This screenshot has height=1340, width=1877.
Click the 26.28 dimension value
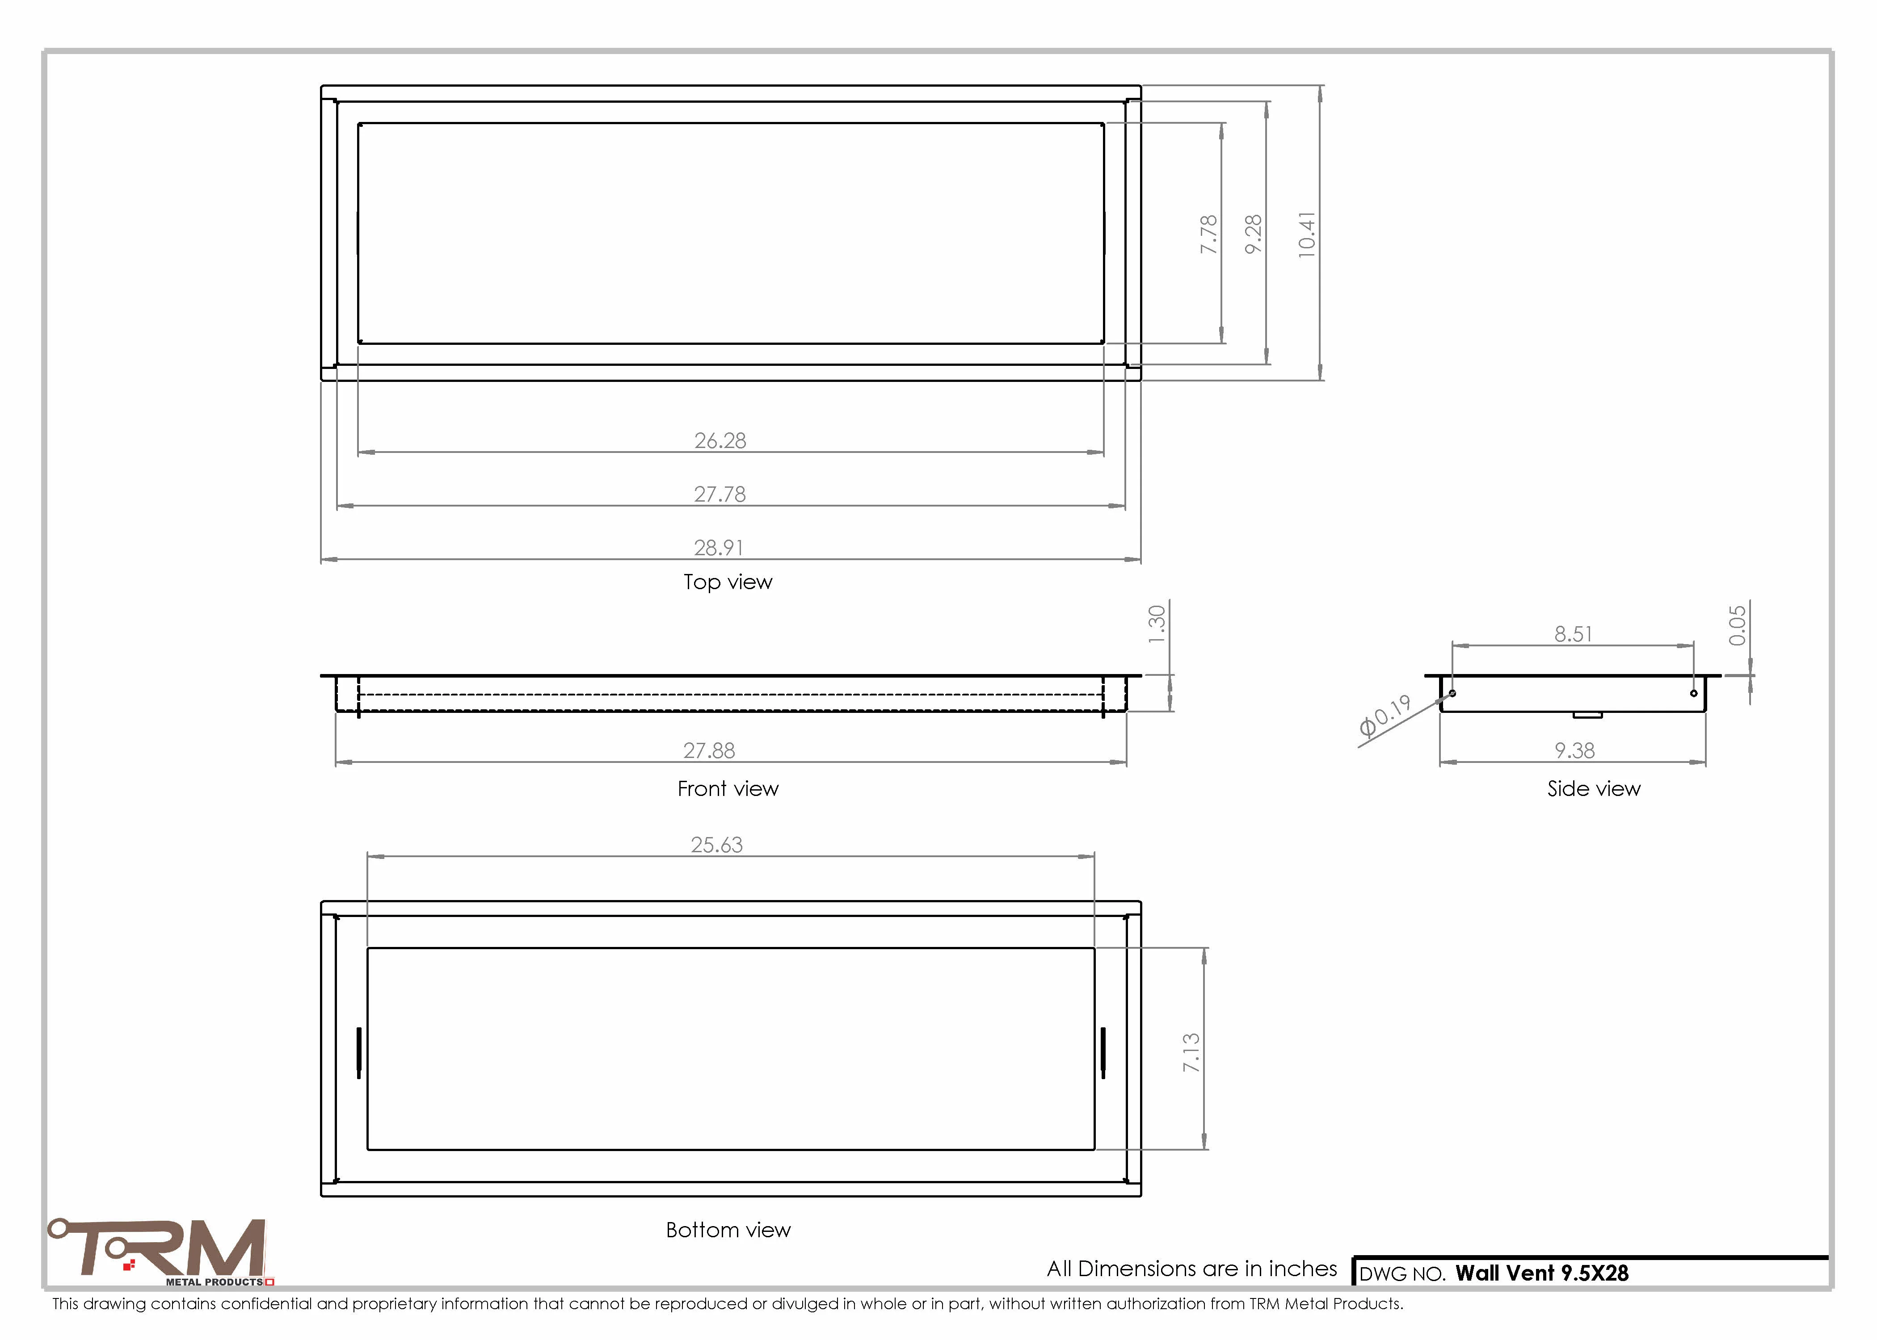[720, 440]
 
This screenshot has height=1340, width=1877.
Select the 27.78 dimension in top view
[720, 494]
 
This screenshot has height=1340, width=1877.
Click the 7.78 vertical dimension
[1208, 234]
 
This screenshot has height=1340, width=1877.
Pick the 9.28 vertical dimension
[1253, 234]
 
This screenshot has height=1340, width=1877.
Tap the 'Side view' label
[1594, 789]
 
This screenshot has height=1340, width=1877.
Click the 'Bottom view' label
[728, 1230]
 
